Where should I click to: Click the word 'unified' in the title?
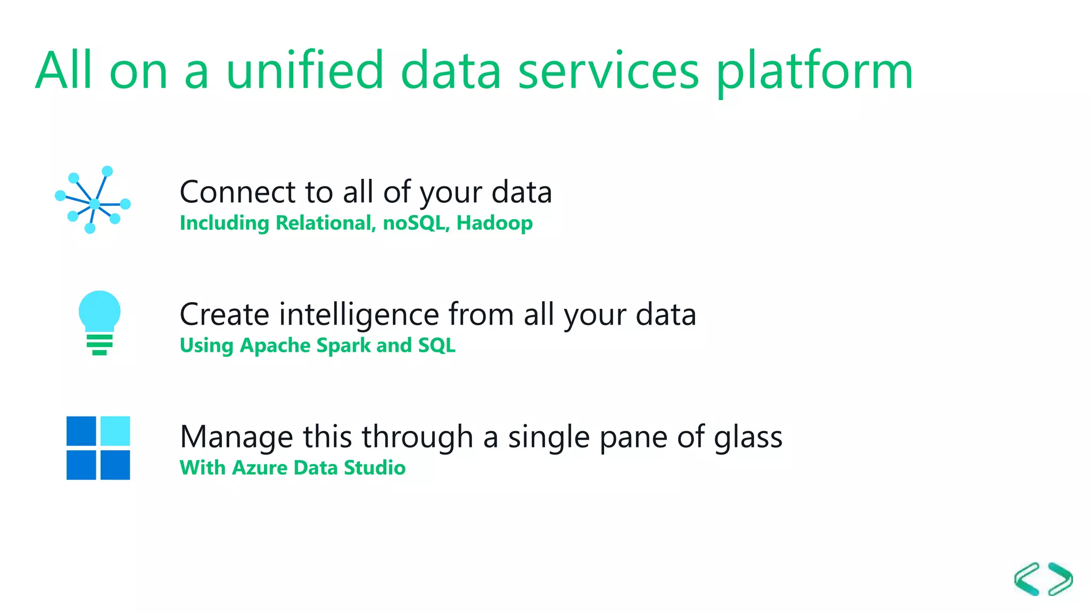tap(304, 70)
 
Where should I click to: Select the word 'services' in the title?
tap(608, 71)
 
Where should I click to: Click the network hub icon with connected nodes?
tap(93, 201)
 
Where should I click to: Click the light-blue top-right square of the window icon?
tap(115, 430)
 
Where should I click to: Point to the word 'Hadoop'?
tap(494, 223)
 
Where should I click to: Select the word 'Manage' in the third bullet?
tap(236, 437)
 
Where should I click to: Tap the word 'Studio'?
tap(375, 468)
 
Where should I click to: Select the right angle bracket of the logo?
tap(1060, 579)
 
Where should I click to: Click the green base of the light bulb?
tap(100, 344)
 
